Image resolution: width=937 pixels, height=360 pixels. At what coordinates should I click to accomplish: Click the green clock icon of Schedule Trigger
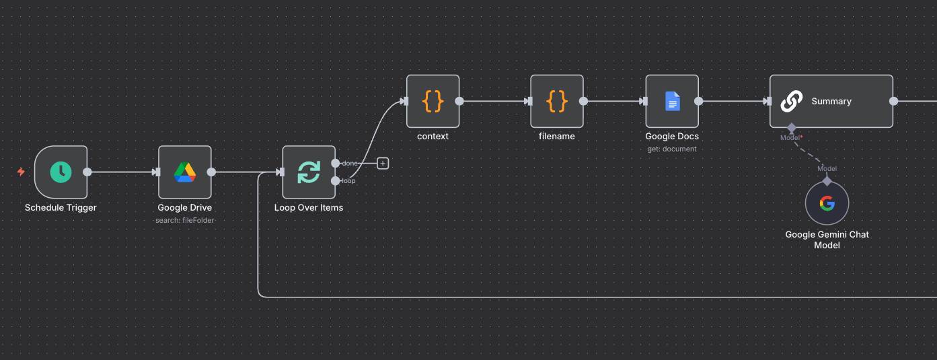click(61, 172)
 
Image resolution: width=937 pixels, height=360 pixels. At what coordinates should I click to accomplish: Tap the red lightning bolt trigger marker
click(21, 172)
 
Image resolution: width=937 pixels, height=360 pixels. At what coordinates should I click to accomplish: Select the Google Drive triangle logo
click(185, 172)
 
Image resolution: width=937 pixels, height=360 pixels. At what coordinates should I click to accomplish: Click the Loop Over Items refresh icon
click(309, 172)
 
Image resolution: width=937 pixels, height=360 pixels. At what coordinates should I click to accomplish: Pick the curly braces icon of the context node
click(433, 101)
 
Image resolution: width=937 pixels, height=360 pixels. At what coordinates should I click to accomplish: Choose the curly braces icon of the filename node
click(556, 101)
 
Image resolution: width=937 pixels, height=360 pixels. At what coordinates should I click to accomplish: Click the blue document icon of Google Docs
click(672, 101)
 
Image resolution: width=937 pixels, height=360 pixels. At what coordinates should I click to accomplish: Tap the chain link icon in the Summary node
click(791, 102)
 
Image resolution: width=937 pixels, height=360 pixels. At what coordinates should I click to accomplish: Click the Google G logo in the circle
click(827, 203)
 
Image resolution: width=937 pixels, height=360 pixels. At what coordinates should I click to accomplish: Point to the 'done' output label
click(350, 164)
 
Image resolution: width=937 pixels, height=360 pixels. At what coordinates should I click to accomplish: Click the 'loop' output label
click(348, 181)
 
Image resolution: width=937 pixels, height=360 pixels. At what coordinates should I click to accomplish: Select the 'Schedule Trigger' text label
click(61, 208)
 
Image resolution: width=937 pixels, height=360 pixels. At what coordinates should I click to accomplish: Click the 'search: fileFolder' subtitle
click(185, 220)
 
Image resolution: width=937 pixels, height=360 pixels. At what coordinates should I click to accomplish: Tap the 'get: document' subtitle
click(672, 149)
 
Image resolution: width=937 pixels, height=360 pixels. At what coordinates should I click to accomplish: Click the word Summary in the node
click(831, 102)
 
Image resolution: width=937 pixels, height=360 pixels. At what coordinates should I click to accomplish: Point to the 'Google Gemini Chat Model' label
click(827, 240)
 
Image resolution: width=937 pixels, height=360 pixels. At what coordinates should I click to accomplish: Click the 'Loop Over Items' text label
click(309, 208)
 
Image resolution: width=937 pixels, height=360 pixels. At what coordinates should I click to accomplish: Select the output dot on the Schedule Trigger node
click(87, 172)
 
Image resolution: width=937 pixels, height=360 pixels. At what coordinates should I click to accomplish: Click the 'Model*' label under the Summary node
click(792, 138)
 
